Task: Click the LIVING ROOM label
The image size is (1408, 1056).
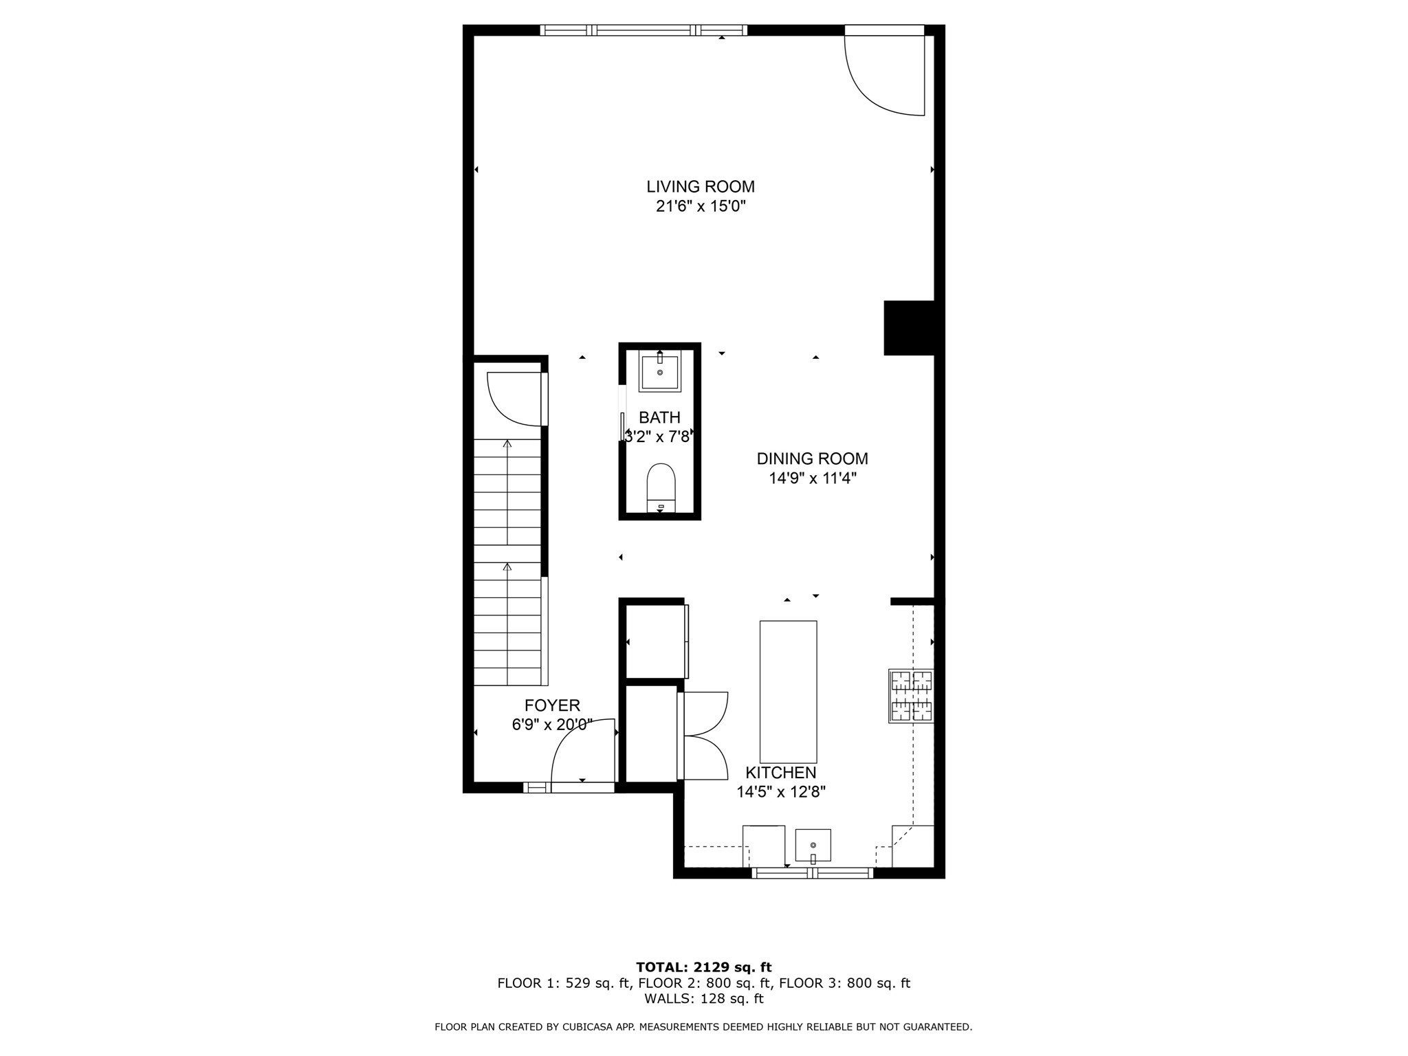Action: [x=700, y=186]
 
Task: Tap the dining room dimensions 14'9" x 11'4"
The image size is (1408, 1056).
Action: [x=812, y=478]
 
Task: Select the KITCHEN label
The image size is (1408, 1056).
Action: [x=780, y=773]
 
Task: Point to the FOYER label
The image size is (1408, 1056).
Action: [x=552, y=705]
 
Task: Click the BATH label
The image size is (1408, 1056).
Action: [x=659, y=417]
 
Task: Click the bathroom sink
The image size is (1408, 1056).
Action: [x=660, y=372]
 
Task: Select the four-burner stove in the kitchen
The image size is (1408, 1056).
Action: [x=912, y=696]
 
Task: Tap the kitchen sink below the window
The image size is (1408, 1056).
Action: [x=813, y=845]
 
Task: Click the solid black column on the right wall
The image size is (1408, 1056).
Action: [x=908, y=328]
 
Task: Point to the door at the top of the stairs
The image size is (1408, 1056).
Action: [x=516, y=399]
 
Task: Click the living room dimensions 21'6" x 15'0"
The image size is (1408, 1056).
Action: [x=700, y=206]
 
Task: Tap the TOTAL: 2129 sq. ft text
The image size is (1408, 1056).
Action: [x=703, y=967]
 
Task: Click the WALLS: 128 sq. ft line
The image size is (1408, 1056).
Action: [x=703, y=999]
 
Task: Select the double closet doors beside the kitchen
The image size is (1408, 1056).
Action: [x=703, y=736]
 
